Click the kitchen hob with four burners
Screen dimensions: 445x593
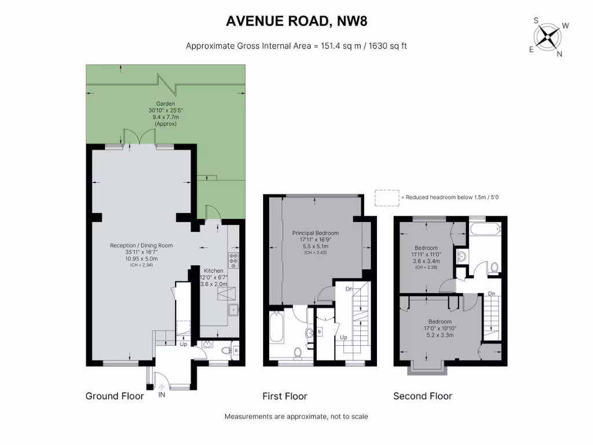coord(235,260)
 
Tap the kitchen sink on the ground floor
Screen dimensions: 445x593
coord(235,309)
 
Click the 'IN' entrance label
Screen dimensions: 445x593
coord(162,395)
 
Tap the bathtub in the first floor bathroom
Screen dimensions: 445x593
coord(276,327)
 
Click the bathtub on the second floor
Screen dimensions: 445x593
coord(484,230)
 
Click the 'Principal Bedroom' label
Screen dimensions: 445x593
coord(315,233)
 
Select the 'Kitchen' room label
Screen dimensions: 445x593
coord(213,271)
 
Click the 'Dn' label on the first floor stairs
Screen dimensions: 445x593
coord(349,289)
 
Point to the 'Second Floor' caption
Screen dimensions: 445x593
coord(422,396)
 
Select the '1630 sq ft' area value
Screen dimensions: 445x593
coord(386,46)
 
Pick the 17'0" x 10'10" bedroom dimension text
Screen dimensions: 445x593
coord(440,328)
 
